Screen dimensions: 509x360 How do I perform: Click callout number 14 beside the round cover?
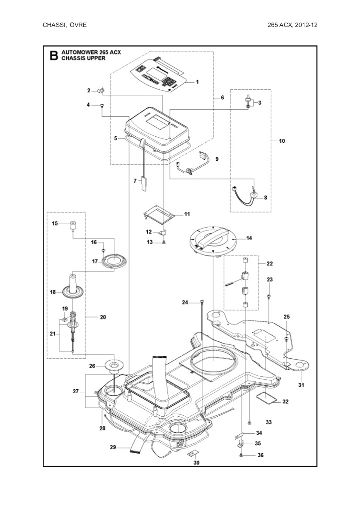coord(249,238)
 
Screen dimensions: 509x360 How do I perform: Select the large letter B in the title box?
coord(53,55)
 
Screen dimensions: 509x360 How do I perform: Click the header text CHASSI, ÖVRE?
coord(65,25)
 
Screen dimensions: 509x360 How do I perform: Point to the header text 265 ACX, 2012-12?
coord(292,25)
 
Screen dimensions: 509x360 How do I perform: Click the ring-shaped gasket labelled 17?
coord(114,261)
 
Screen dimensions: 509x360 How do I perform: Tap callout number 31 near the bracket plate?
coord(301,385)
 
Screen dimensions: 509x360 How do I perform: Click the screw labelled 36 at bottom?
coord(241,455)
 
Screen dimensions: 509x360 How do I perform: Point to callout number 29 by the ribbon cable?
coord(112,447)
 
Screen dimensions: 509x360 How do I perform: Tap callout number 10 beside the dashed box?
coord(282,141)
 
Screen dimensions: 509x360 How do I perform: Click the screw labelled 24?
coord(202,301)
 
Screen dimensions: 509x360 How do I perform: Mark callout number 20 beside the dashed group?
coord(103,317)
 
